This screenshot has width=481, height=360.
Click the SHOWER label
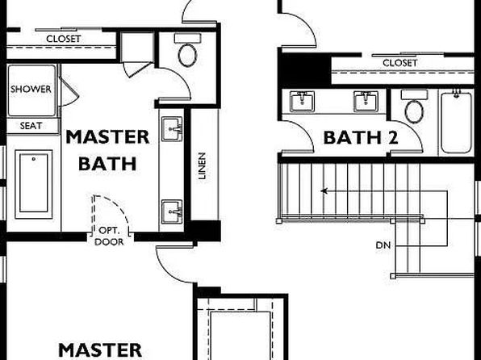click(31, 90)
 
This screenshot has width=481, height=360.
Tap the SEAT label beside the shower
click(31, 126)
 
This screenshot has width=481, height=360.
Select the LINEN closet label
click(202, 166)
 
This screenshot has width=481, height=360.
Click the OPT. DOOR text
click(109, 237)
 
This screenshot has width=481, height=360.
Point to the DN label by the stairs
click(383, 245)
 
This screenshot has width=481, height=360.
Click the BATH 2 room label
click(361, 137)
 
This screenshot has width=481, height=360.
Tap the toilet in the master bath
click(187, 51)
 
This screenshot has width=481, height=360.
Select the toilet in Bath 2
click(414, 107)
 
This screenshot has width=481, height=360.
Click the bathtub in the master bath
click(34, 184)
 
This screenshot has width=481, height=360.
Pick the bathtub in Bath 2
click(457, 123)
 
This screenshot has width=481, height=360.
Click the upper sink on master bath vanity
click(172, 129)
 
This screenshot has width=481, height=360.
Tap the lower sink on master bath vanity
click(172, 211)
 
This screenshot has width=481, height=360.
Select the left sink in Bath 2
click(302, 102)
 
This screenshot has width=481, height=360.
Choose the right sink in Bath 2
click(366, 102)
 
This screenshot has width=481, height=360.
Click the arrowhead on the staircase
click(324, 191)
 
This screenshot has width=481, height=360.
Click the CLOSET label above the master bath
click(64, 39)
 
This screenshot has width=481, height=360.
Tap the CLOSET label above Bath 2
click(399, 63)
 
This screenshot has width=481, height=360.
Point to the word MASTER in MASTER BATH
click(107, 137)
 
